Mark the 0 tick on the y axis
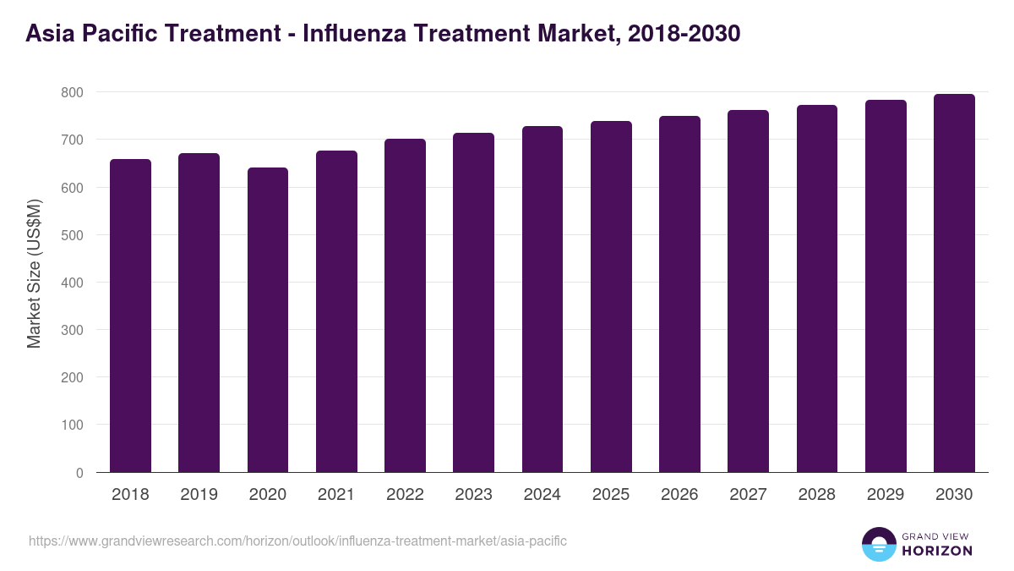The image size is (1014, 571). pos(79,473)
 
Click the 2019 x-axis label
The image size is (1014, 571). pos(199,495)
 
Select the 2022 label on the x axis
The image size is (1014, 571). pos(405,495)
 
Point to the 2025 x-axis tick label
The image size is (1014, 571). pos(611,495)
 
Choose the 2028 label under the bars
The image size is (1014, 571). pos(816,495)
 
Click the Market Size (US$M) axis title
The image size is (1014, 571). pos(34,272)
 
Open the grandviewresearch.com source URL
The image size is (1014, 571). pos(297,541)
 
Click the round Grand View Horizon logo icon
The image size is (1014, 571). pos(878,545)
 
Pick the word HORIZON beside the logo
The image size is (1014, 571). pos(937,551)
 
